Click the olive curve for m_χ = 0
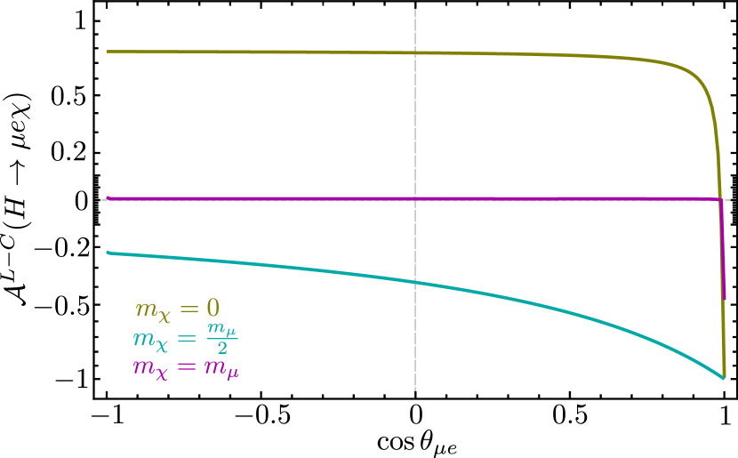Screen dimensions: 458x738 click(x=267, y=52)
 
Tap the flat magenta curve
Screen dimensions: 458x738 click(x=267, y=198)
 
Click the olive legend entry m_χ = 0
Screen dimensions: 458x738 click(x=177, y=309)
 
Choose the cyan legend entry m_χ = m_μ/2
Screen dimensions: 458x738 click(x=185, y=338)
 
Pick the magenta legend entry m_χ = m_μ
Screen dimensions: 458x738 click(x=186, y=367)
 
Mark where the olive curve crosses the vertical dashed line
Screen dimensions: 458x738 click(x=415, y=52)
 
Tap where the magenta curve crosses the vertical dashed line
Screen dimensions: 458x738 click(x=415, y=198)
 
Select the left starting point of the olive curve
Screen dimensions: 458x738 click(x=108, y=51)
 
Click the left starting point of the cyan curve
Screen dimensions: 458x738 click(x=108, y=253)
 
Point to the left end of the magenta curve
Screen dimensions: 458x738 click(x=108, y=198)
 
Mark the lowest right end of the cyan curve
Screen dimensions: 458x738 click(x=724, y=378)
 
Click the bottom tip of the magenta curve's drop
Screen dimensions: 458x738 click(x=725, y=298)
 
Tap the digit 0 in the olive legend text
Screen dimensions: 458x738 click(x=213, y=309)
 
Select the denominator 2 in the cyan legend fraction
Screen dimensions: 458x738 click(x=222, y=349)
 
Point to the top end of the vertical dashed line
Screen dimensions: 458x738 click(x=415, y=11)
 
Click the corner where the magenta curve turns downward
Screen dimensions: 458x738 click(x=719, y=199)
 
